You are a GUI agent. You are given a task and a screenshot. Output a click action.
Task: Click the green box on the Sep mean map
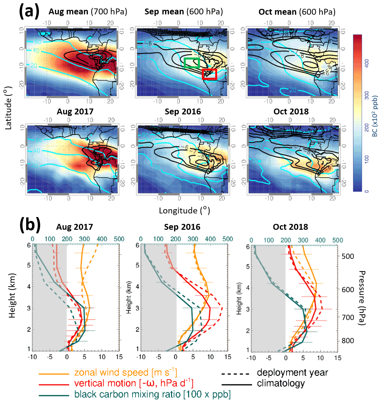tap(192, 63)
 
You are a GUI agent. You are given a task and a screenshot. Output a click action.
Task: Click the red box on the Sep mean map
tap(209, 74)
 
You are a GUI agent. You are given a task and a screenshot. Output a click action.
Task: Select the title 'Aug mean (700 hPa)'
tap(88, 12)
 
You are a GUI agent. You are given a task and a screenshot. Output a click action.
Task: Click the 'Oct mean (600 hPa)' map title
tap(297, 12)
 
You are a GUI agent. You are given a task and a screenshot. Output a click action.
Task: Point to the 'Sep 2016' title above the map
tap(182, 111)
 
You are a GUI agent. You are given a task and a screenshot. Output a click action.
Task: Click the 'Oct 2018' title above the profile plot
tap(290, 227)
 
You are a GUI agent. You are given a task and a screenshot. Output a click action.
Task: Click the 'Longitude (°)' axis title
tap(184, 210)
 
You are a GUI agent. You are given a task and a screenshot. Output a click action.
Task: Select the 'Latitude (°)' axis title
tap(9, 108)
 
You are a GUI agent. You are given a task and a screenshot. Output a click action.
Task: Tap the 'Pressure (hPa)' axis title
tap(362, 298)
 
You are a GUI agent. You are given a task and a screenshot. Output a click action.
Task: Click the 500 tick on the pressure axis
tap(348, 256)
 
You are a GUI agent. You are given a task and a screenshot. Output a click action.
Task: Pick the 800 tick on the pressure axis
tap(348, 341)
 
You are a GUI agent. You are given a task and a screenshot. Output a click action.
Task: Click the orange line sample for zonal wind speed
tap(54, 373)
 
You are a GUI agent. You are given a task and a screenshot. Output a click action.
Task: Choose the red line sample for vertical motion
tap(54, 384)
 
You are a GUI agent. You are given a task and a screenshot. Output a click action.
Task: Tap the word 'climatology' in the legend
tap(281, 383)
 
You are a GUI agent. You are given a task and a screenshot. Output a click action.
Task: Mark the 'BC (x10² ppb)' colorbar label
tap(375, 116)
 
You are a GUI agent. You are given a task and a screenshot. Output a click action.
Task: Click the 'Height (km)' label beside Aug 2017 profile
tap(12, 295)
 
